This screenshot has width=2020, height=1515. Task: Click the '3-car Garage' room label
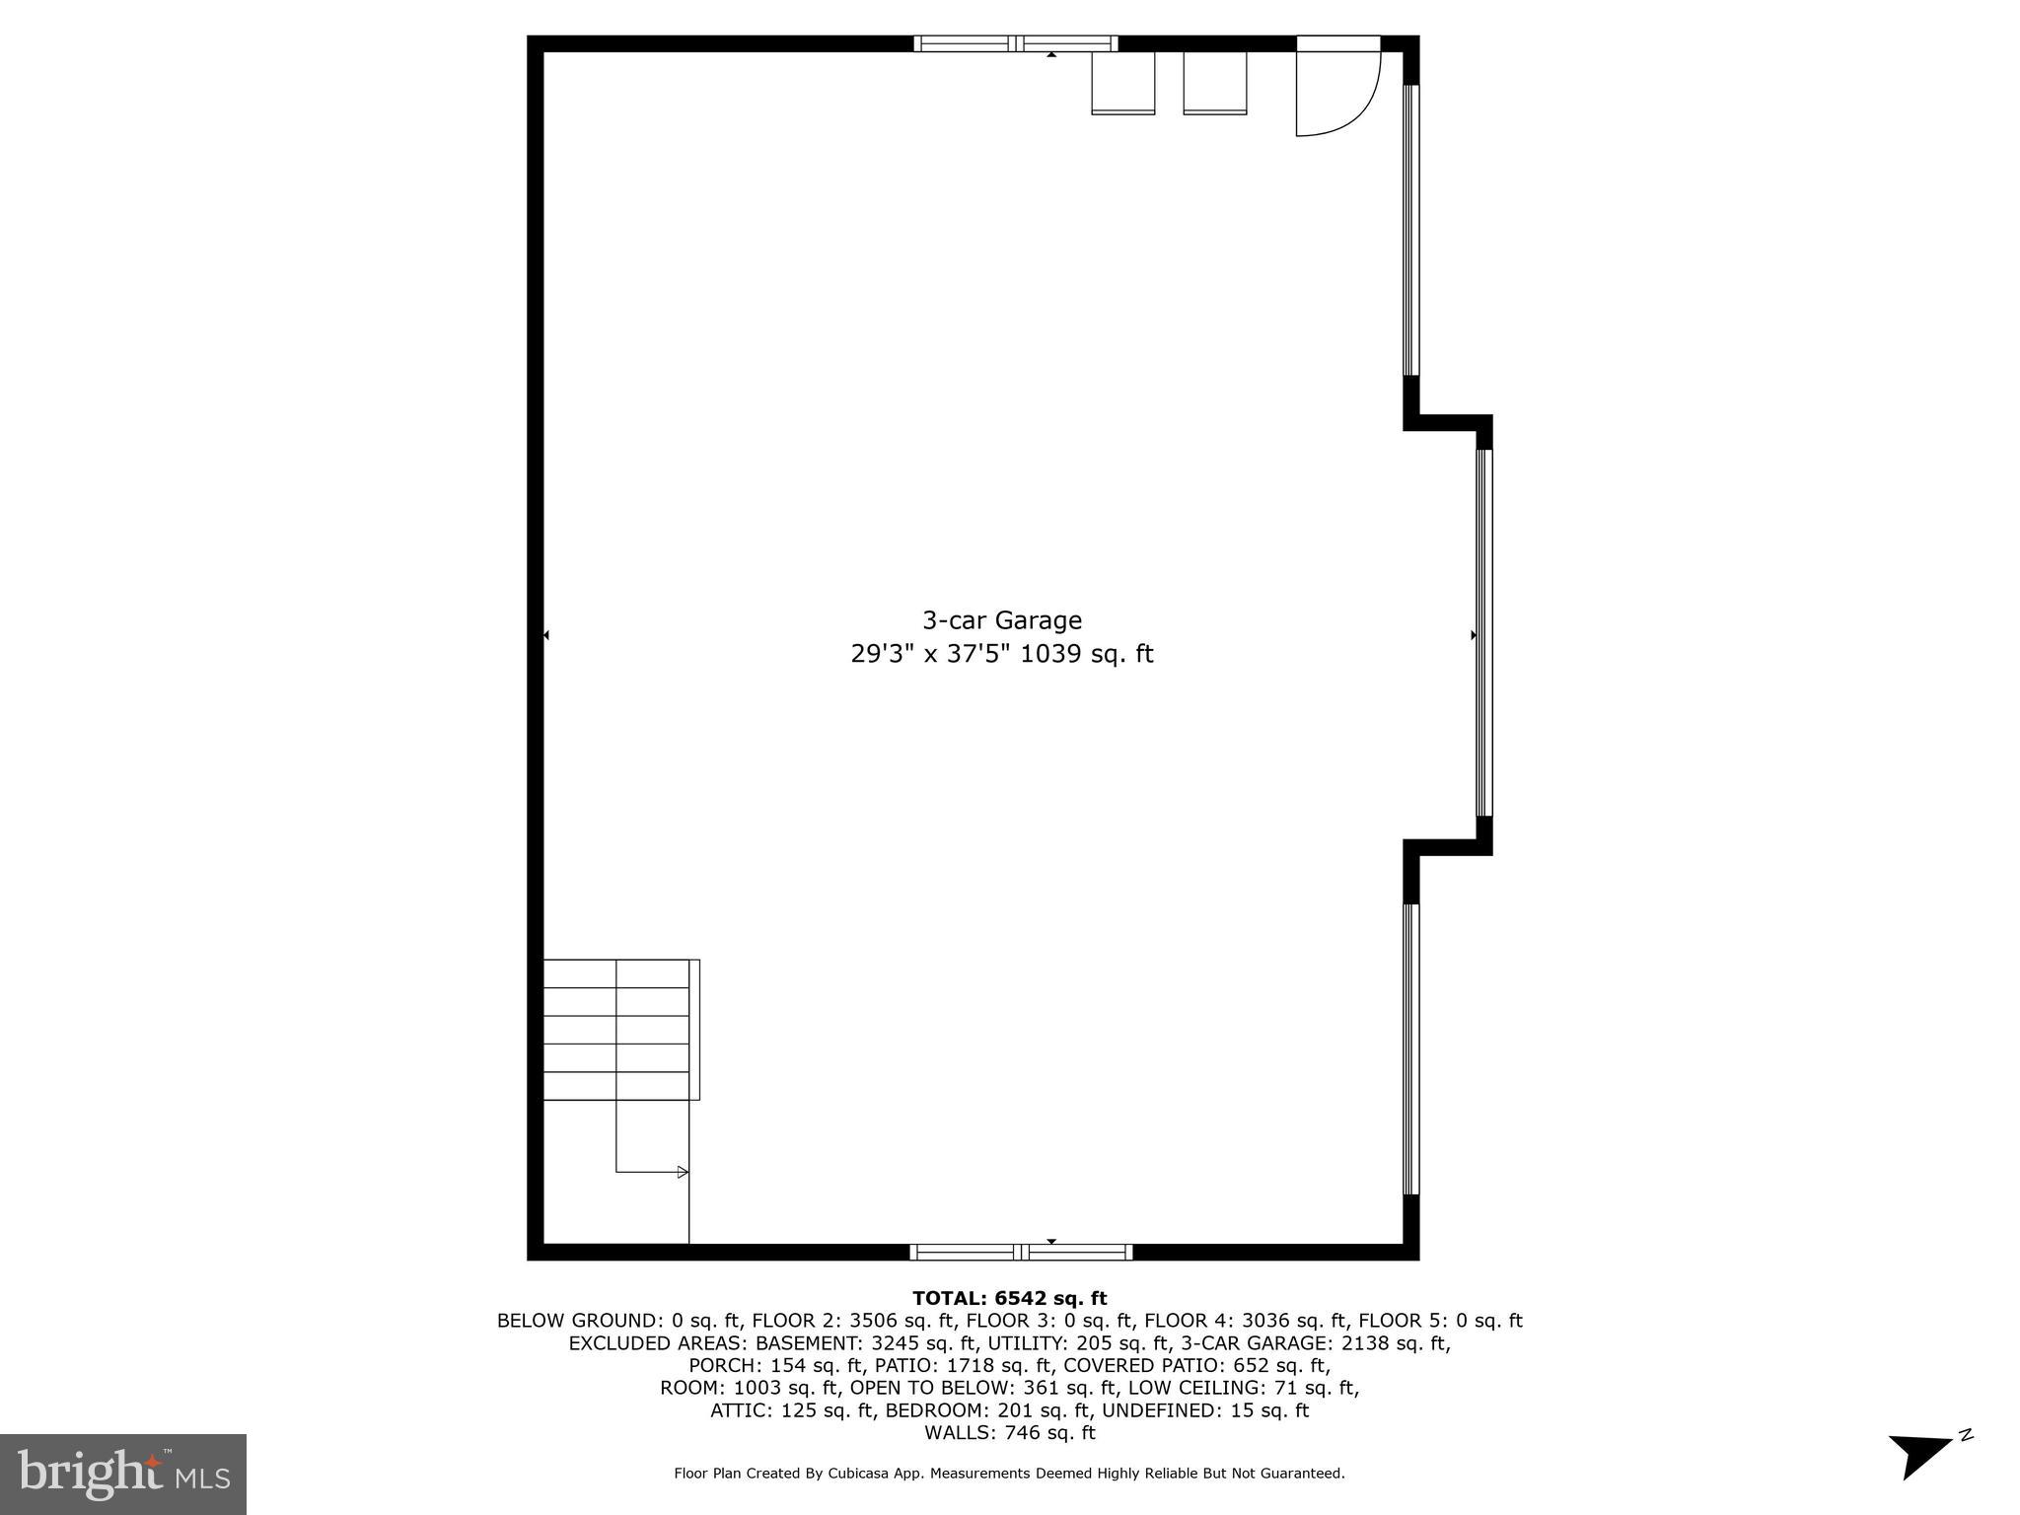tap(1001, 620)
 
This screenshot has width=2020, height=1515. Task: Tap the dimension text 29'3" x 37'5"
tap(930, 655)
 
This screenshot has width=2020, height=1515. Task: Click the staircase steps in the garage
tap(616, 1029)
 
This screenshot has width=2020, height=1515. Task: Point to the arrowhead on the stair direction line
tap(683, 1172)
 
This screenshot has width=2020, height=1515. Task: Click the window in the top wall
tap(1015, 43)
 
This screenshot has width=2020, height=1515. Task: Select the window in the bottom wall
tap(1021, 1252)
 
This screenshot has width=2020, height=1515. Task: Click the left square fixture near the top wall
tap(1122, 83)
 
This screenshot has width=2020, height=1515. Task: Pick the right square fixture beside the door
tap(1214, 83)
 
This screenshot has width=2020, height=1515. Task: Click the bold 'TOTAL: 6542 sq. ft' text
tap(1009, 1298)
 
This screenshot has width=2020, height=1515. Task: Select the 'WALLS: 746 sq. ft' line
tap(1009, 1433)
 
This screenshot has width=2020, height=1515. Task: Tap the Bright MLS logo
tap(123, 1474)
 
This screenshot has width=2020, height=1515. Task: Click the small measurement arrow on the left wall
tap(546, 635)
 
